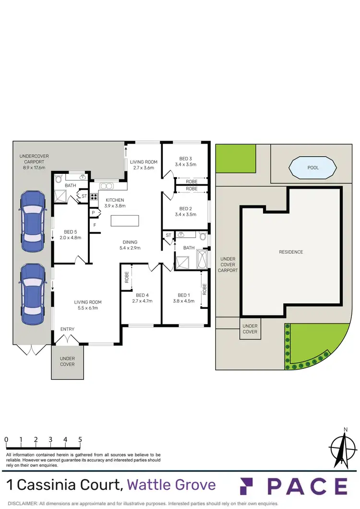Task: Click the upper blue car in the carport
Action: tap(32, 217)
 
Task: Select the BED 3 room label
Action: tap(185, 159)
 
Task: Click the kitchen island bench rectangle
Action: tap(125, 220)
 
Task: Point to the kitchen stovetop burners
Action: tap(94, 196)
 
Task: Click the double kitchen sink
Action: tap(106, 186)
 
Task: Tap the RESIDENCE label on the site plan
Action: tap(291, 252)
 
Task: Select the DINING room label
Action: tap(130, 242)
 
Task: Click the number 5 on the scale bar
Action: tap(80, 439)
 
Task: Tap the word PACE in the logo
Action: tap(307, 486)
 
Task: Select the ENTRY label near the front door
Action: tap(67, 329)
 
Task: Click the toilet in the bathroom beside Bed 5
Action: tap(59, 179)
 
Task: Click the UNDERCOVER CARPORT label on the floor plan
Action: tap(34, 162)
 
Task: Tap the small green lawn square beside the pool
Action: tap(235, 158)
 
